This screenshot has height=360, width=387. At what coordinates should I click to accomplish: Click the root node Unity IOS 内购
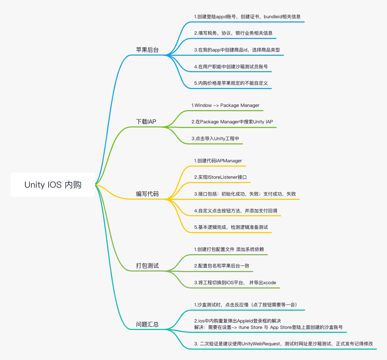pyautogui.click(x=53, y=184)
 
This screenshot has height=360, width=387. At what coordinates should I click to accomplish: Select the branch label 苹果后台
pyautogui.click(x=147, y=50)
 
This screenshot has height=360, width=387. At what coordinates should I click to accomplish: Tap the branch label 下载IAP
pyautogui.click(x=146, y=122)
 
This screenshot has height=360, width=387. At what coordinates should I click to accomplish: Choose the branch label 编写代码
pyautogui.click(x=147, y=194)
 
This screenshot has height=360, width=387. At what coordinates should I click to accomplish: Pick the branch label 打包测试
pyautogui.click(x=147, y=266)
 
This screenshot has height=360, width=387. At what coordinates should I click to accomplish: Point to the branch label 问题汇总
pyautogui.click(x=147, y=324)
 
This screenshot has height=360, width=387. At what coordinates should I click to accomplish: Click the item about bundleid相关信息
pyautogui.click(x=247, y=16)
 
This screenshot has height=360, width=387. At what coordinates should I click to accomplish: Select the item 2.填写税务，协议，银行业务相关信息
pyautogui.click(x=233, y=33)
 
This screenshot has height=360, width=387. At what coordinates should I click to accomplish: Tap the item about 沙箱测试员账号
pyautogui.click(x=231, y=66)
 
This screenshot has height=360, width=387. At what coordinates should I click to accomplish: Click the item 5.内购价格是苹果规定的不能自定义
pyautogui.click(x=231, y=83)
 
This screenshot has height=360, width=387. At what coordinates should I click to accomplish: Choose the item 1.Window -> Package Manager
pyautogui.click(x=225, y=105)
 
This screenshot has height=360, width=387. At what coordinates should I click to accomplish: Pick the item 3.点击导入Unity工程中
pyautogui.click(x=215, y=139)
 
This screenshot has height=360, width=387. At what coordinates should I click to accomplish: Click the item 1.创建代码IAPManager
pyautogui.click(x=218, y=161)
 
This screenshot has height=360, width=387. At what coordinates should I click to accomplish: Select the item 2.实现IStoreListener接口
pyautogui.click(x=220, y=177)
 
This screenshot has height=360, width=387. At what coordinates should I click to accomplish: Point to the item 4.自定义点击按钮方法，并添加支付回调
pyautogui.click(x=236, y=211)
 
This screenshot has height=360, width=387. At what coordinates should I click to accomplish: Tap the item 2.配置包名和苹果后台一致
pyautogui.click(x=222, y=266)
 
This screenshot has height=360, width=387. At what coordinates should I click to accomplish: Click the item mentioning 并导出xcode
pyautogui.click(x=235, y=283)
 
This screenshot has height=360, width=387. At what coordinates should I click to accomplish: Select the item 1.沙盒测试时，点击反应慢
pyautogui.click(x=245, y=305)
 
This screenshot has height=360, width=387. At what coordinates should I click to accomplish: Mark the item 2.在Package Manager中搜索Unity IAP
pyautogui.click(x=232, y=122)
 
